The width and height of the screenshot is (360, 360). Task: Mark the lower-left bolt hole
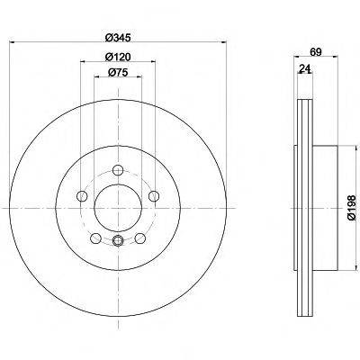pos(94,238)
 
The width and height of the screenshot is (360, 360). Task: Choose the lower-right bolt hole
pos(141,238)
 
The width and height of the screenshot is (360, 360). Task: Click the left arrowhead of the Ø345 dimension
pos(21,45)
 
